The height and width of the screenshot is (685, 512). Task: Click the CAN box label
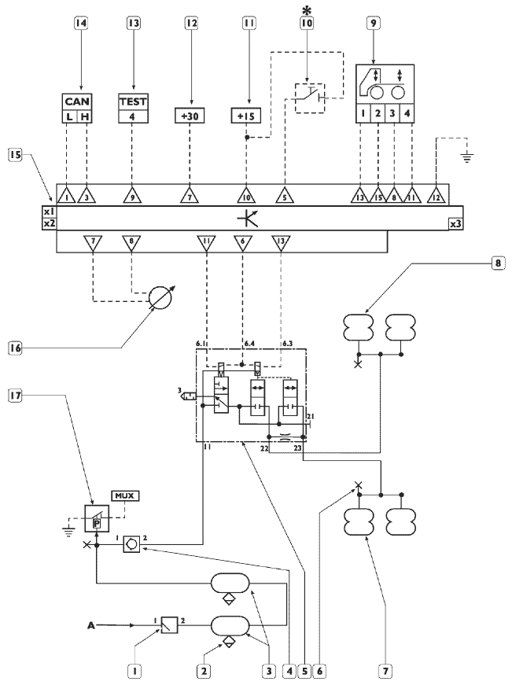point(77,101)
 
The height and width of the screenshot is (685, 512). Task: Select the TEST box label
point(133,101)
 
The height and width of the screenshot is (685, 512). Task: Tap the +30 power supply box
point(190,116)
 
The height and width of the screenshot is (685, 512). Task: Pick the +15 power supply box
point(245,116)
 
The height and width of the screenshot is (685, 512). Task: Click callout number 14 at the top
point(80,22)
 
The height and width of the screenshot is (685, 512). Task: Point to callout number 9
point(373,22)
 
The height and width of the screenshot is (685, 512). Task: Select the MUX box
point(125,495)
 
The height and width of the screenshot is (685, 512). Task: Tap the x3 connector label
point(455,223)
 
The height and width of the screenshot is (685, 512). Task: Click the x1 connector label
point(50,212)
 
